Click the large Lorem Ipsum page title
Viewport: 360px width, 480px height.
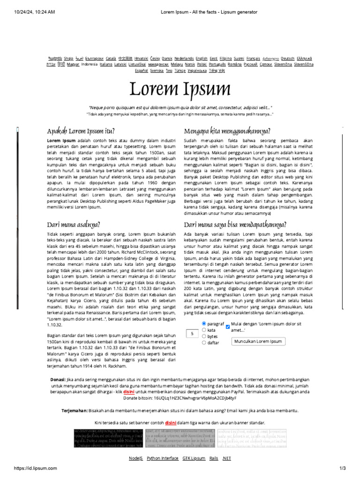coord(180,90)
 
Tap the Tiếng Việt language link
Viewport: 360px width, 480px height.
coord(217,70)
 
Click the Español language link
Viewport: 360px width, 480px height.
coord(141,70)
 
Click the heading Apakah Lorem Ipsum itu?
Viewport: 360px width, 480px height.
coord(81,130)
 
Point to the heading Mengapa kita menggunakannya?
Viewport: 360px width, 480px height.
coord(227,130)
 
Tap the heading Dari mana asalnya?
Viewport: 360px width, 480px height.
coord(74,224)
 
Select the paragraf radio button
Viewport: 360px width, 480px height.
coord(204,323)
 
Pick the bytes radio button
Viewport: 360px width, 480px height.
coord(204,336)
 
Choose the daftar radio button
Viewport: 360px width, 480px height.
coord(204,343)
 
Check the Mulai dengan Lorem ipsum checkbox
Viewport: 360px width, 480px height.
coord(228,326)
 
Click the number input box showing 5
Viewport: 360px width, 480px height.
coord(192,334)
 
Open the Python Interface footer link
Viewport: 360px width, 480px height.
coord(162,458)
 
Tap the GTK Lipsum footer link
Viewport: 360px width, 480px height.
coord(194,458)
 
